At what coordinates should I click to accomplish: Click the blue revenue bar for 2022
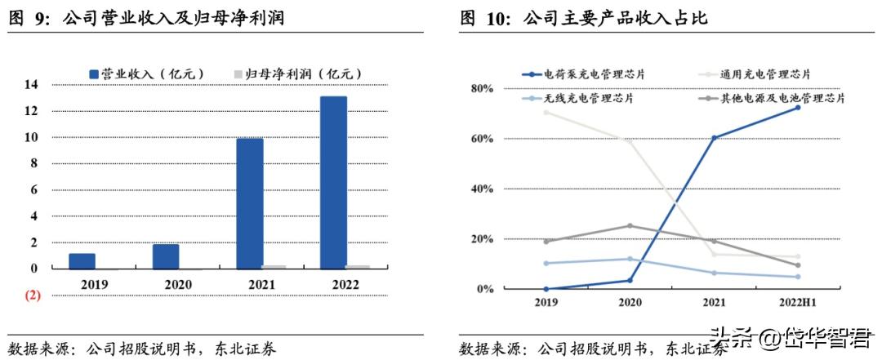click(x=333, y=182)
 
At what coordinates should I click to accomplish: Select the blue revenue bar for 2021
click(x=250, y=203)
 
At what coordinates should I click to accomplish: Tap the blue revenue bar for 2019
click(x=82, y=260)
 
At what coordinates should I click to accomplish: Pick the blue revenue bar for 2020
click(x=166, y=256)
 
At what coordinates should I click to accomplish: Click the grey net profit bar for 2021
click(x=274, y=266)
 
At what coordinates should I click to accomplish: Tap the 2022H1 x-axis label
click(x=796, y=303)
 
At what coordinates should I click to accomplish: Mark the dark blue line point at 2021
click(x=715, y=137)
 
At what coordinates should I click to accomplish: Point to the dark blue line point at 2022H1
click(x=798, y=107)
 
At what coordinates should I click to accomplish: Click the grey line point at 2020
click(x=630, y=225)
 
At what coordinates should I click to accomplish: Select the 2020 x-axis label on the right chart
click(x=630, y=303)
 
